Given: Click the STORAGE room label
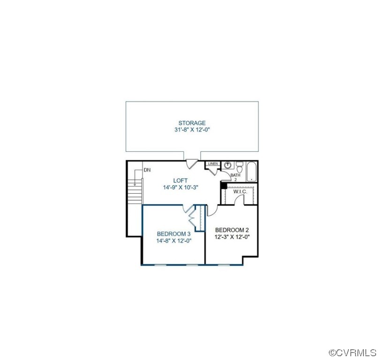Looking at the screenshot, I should (x=191, y=123).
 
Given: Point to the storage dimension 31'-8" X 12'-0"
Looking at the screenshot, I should (x=191, y=130).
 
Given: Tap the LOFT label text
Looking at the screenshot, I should (x=180, y=180).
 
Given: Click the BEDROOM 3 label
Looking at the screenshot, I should (x=174, y=234).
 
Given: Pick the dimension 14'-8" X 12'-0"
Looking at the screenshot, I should (x=174, y=240).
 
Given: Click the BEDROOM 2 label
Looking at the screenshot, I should (x=232, y=230).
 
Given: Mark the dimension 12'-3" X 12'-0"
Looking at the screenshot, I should (x=232, y=237).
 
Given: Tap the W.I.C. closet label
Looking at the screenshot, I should (x=240, y=191).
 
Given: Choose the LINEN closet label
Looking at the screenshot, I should (x=213, y=164).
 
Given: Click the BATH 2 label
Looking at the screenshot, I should (x=235, y=177).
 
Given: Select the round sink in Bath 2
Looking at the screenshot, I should (x=227, y=165).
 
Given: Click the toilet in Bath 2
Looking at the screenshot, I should (x=239, y=166).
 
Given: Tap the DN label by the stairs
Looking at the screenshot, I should (x=147, y=170).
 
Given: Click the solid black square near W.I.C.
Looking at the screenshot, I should (x=224, y=186).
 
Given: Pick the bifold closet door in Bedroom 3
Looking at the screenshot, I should (x=192, y=216).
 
